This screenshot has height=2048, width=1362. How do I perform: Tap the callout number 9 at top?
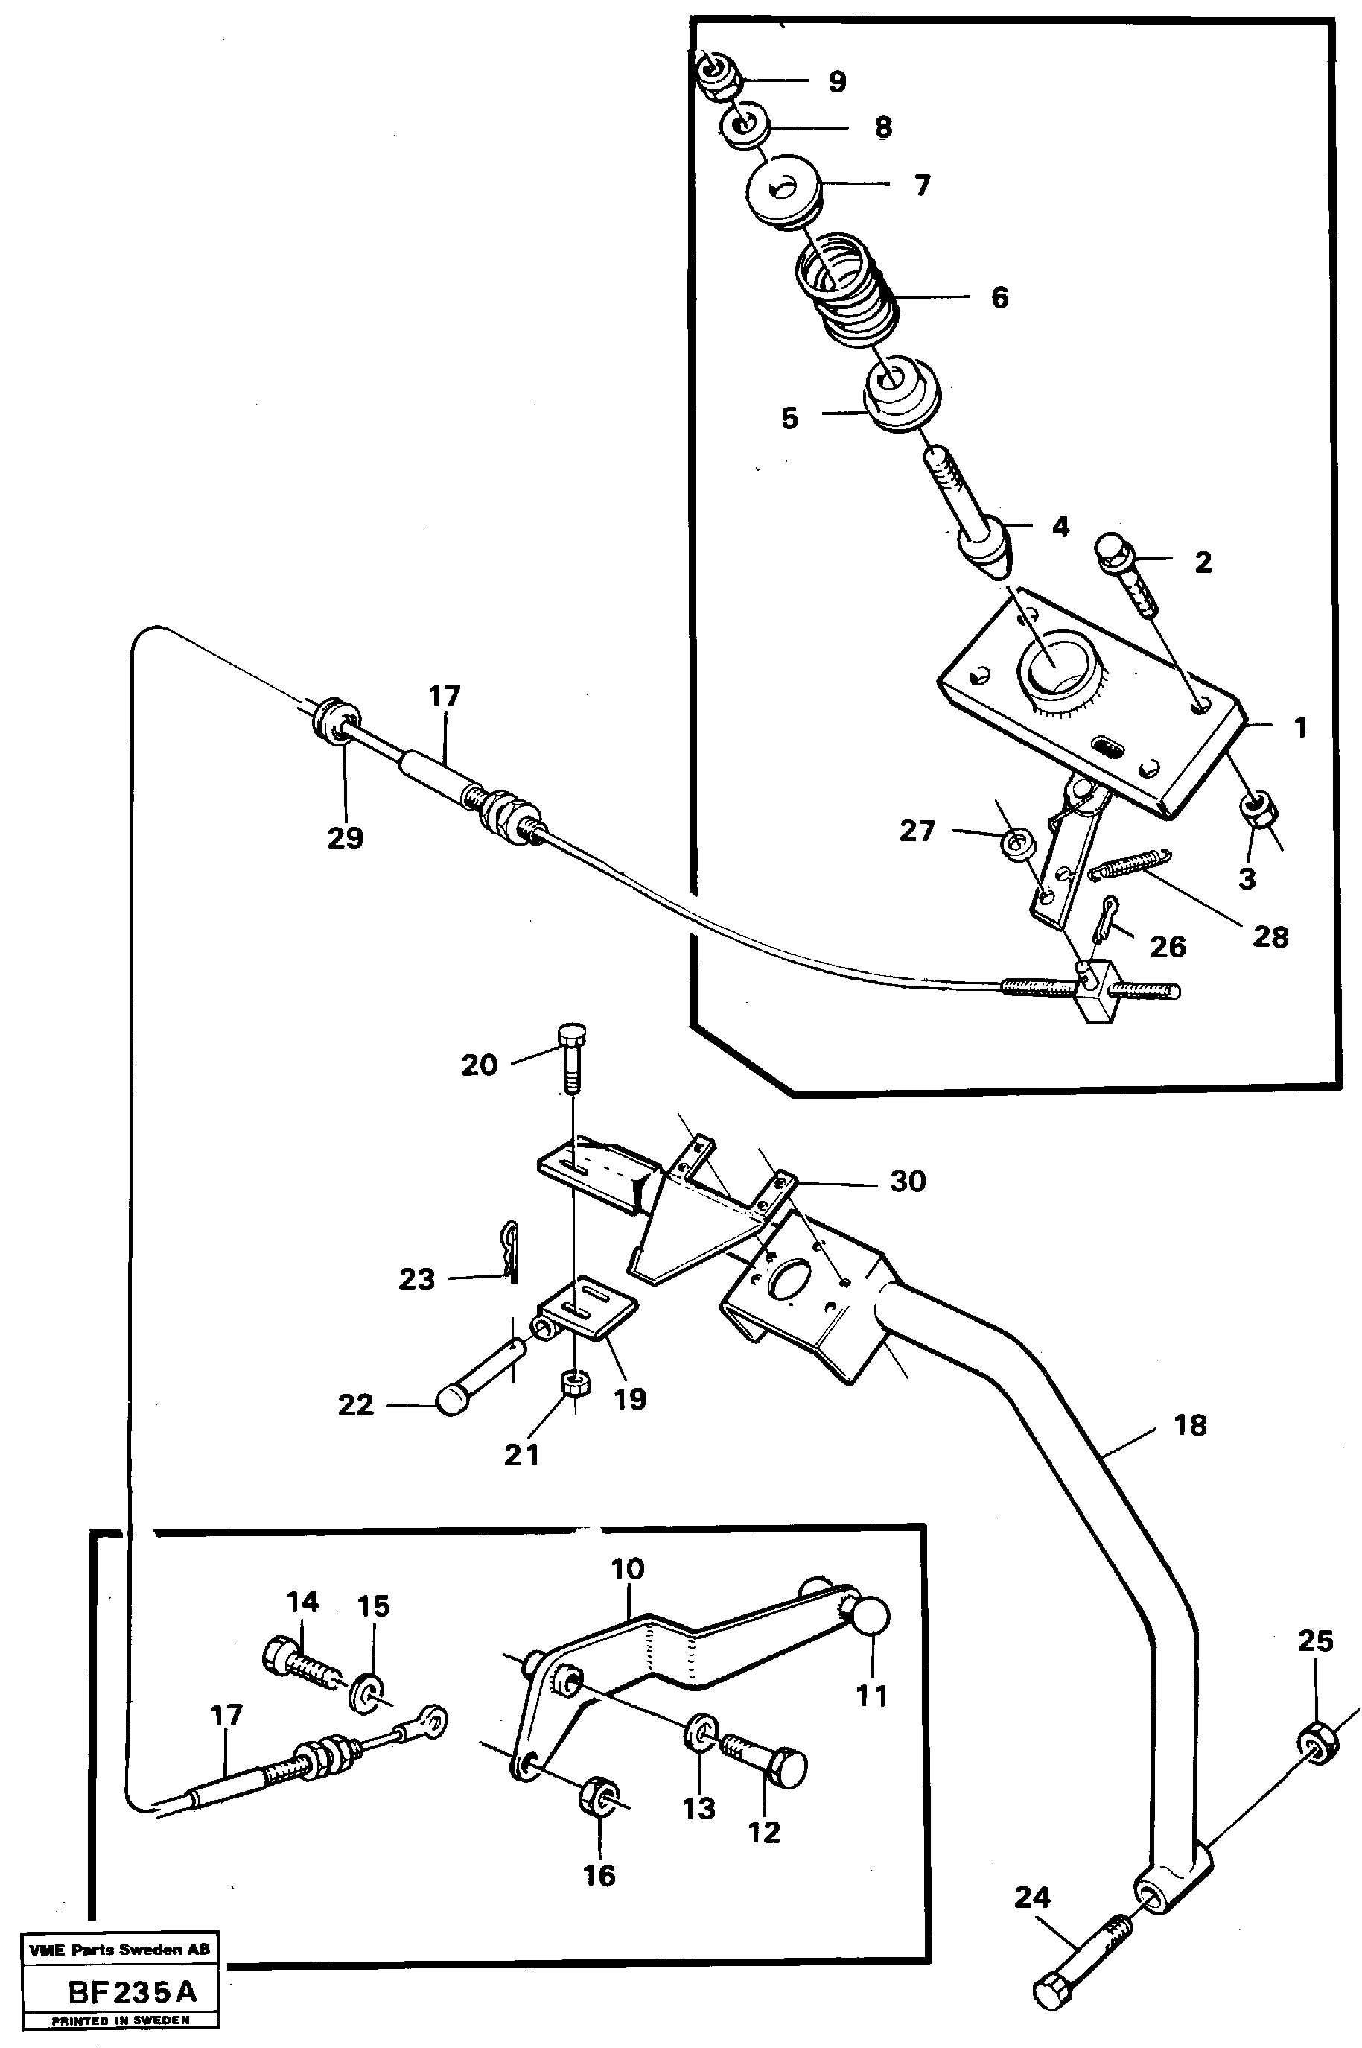pos(836,82)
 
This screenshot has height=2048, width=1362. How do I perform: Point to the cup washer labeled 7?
pos(783,191)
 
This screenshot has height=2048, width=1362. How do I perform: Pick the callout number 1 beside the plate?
pos(1300,727)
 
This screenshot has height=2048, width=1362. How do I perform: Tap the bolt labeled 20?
pos(573,1056)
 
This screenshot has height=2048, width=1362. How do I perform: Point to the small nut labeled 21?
pos(574,1383)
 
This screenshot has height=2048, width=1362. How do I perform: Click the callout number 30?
pos(908,1181)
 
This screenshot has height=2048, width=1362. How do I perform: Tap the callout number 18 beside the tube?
pos(1189,1426)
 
